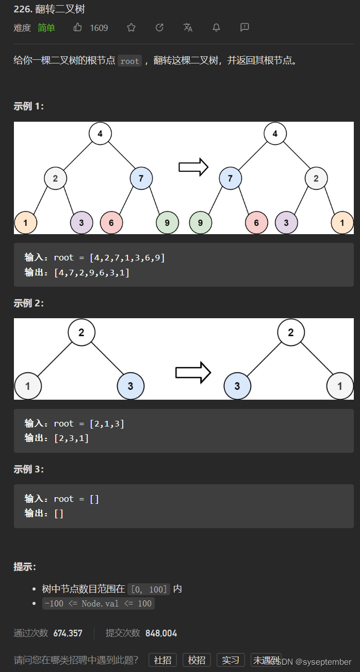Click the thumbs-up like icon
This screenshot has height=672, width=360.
(78, 27)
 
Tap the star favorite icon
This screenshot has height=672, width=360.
(132, 27)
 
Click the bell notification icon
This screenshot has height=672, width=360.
(217, 27)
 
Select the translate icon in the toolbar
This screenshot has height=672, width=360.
(188, 27)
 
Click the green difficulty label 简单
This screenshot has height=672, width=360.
(46, 28)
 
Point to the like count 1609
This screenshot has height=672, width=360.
(99, 28)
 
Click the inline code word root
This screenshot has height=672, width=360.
(130, 61)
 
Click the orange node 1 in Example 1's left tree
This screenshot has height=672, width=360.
(25, 223)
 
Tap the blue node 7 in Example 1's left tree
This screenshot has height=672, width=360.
(141, 179)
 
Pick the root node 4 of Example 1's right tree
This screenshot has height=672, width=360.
(275, 134)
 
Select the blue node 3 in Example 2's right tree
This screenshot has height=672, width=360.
(237, 386)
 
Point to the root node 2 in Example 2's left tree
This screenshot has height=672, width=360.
(81, 332)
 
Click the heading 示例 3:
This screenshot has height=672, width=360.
(29, 469)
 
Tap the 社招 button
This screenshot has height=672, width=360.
(163, 660)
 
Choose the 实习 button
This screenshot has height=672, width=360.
(231, 660)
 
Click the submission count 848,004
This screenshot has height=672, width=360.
(161, 633)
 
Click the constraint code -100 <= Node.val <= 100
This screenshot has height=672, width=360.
(99, 603)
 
